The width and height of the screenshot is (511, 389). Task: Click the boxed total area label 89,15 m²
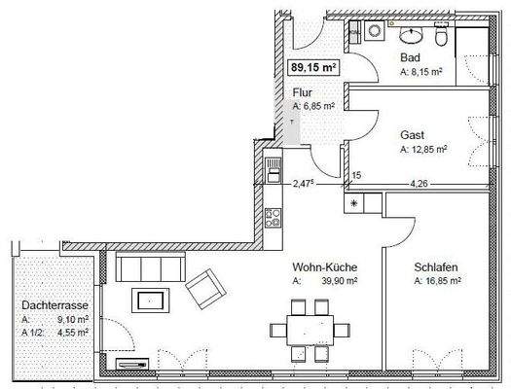313,68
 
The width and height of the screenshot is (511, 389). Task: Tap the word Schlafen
435,267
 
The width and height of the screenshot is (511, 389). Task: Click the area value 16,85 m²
442,282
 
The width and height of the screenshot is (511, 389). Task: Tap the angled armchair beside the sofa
202,287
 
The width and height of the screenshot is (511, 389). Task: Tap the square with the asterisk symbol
352,203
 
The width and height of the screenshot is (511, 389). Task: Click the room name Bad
410,57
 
